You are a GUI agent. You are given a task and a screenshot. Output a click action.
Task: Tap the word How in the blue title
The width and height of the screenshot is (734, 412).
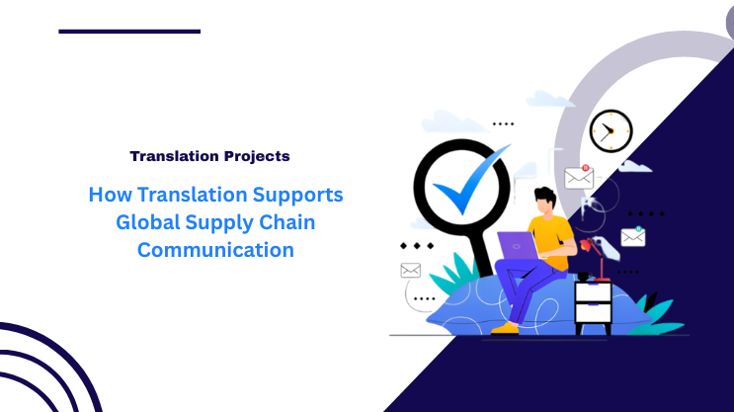click(108, 195)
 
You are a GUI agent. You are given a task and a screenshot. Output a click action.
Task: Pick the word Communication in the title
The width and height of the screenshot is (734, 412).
click(215, 250)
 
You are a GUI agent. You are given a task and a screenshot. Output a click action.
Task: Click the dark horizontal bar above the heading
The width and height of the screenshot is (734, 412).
click(129, 32)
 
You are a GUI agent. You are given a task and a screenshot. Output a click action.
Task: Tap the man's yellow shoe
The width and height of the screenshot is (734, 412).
click(505, 327)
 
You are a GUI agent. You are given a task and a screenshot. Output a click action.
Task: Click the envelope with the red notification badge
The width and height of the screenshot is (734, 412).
click(579, 178)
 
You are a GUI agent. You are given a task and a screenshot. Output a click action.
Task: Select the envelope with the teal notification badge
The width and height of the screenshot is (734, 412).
click(632, 237)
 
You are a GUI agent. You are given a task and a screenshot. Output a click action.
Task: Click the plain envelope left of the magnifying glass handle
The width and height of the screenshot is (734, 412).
click(411, 270)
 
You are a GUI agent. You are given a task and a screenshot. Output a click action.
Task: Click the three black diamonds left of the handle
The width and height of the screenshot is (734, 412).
click(416, 244)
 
